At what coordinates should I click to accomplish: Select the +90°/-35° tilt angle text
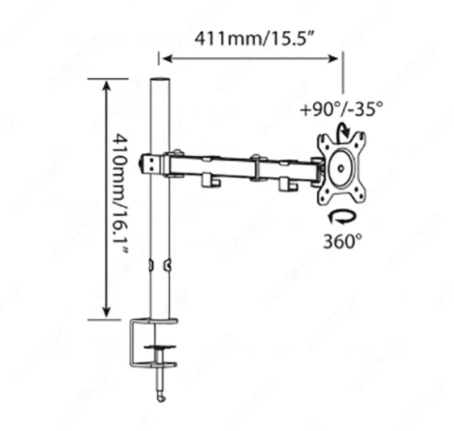[342, 108]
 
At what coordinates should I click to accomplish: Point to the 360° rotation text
[343, 241]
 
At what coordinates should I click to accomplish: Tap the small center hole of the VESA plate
[340, 168]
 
